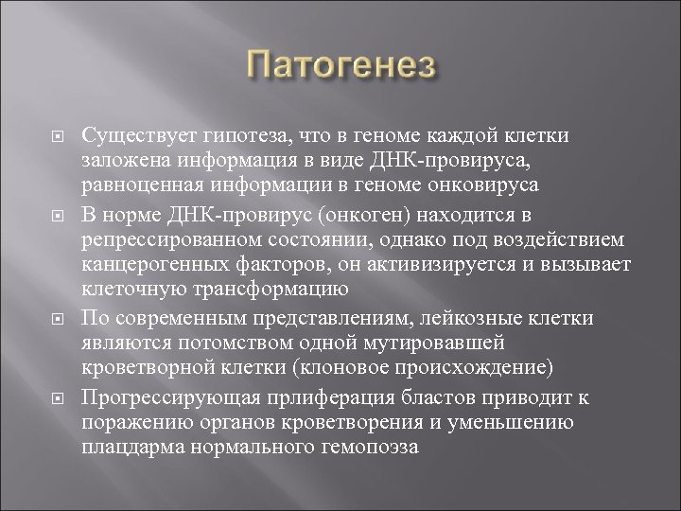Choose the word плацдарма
click(128, 447)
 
